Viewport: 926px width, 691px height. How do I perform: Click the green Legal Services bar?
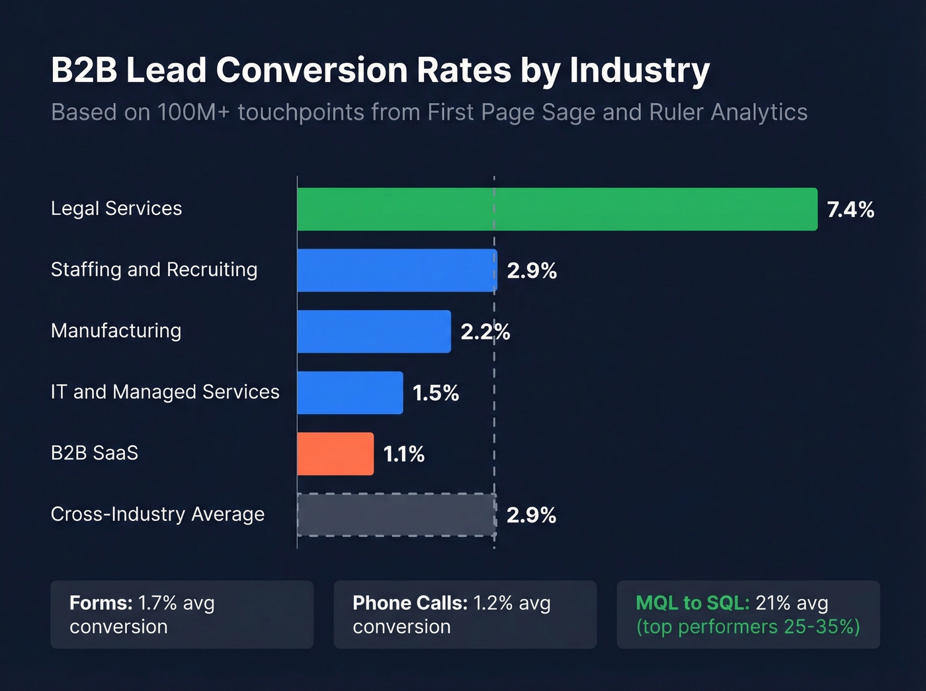coord(557,210)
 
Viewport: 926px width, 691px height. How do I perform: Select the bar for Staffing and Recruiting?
coord(397,270)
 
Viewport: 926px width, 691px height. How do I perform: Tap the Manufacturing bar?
coord(374,332)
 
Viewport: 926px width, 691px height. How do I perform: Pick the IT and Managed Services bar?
coord(350,393)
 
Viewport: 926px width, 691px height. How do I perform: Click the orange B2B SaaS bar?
coord(335,454)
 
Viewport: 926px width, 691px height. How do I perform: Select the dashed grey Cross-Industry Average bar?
coord(396,515)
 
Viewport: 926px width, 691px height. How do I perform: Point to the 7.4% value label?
coord(851,210)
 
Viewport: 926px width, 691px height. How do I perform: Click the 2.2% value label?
coord(485,332)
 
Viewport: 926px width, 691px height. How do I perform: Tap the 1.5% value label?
coord(435,393)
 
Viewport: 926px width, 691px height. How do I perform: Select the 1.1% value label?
coord(403,454)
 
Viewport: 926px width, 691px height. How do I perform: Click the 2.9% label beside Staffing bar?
coord(532,271)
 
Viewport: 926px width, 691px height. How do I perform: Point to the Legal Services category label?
coord(116,209)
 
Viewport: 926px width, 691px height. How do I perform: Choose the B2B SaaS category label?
coord(95,453)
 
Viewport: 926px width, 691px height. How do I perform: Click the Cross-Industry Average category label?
coord(157,514)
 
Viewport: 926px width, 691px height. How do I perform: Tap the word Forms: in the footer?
coord(101,603)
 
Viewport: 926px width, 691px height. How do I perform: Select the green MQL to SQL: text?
coord(693,603)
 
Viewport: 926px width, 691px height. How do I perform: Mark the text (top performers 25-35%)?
coord(748,627)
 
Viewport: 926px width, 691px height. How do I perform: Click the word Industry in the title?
coord(640,70)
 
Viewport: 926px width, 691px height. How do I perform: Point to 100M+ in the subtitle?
coord(193,112)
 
